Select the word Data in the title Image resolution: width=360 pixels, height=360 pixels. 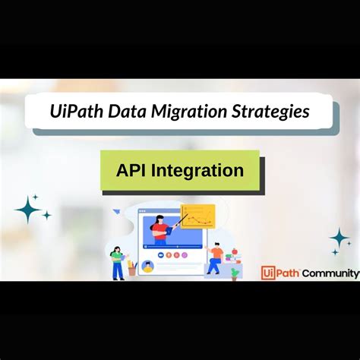click(131, 111)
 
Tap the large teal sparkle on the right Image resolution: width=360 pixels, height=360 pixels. click(339, 238)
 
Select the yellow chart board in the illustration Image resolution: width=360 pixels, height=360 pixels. click(197, 218)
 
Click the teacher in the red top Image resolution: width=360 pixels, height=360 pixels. click(162, 227)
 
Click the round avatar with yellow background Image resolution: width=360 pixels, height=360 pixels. click(147, 266)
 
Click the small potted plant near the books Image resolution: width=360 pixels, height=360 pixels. click(235, 272)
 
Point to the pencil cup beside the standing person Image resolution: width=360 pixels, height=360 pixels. click(131, 268)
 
